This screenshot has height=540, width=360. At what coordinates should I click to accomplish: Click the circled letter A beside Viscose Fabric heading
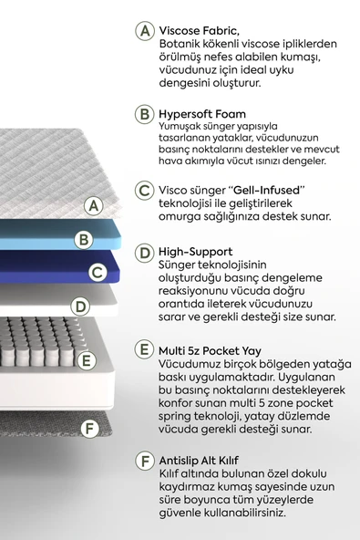click(x=144, y=31)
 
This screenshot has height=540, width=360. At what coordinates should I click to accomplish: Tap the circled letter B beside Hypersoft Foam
click(x=144, y=115)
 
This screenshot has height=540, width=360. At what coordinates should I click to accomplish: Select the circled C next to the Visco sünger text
click(x=144, y=191)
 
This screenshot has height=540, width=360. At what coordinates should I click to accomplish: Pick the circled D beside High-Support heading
click(x=144, y=252)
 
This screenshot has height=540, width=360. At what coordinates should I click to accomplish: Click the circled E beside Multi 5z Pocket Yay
click(x=144, y=349)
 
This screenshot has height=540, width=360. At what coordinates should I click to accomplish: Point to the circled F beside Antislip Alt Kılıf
click(x=144, y=462)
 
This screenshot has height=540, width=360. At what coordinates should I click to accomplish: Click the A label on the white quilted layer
click(x=92, y=206)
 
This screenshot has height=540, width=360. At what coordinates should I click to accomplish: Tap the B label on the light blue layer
click(x=84, y=240)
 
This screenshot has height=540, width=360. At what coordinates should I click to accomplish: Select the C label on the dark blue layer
click(x=97, y=272)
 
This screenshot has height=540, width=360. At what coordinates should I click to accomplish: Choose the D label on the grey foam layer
click(x=80, y=306)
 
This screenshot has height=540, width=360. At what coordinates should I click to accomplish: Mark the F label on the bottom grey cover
click(x=88, y=428)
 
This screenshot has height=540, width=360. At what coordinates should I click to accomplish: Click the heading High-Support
click(x=195, y=251)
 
